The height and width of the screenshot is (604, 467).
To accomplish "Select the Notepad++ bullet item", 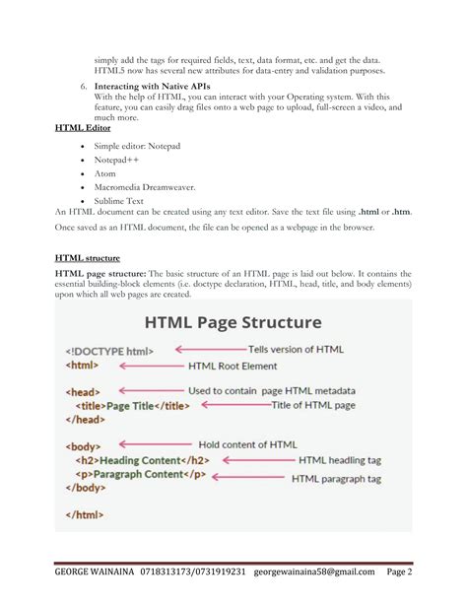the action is pyautogui.click(x=115, y=159).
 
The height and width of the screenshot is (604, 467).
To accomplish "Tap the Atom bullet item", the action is pyautogui.click(x=104, y=172).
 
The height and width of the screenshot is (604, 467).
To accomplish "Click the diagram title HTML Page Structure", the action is pyautogui.click(x=233, y=322).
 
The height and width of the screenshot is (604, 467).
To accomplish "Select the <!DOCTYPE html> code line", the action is pyautogui.click(x=109, y=350).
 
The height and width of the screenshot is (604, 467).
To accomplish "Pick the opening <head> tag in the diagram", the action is pyautogui.click(x=82, y=391).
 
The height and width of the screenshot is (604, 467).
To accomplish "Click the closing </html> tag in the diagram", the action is pyautogui.click(x=85, y=514).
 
